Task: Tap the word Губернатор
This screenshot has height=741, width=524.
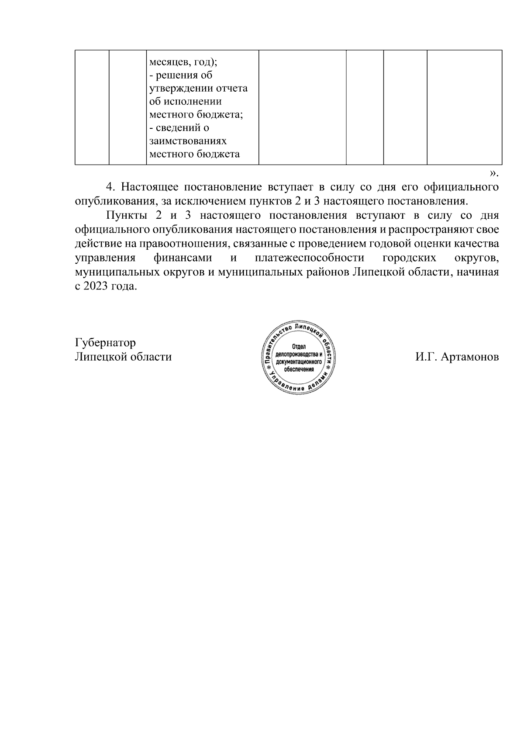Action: click(105, 342)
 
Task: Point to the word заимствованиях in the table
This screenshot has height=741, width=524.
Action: click(188, 141)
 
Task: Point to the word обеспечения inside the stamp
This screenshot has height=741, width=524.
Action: click(299, 369)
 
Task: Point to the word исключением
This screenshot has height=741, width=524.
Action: click(201, 201)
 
